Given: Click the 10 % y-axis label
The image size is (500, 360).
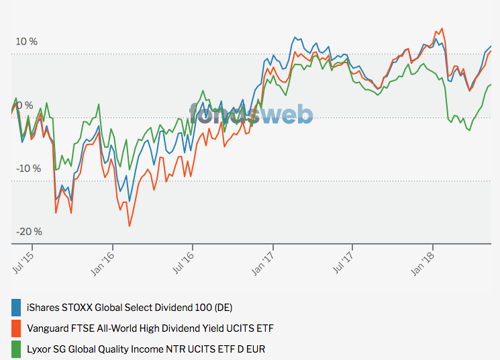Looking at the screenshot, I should pyautogui.click(x=27, y=42).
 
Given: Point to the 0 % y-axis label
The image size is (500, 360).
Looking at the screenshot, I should pyautogui.click(x=24, y=105).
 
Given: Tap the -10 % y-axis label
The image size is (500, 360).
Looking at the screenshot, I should pyautogui.click(x=28, y=168).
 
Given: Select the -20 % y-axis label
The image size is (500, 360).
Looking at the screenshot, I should pyautogui.click(x=28, y=232).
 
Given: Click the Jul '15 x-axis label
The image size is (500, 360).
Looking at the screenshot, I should pyautogui.click(x=24, y=261).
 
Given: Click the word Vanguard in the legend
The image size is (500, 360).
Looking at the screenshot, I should pyautogui.click(x=48, y=328).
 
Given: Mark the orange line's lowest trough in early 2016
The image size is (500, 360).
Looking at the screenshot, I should pyautogui.click(x=129, y=226).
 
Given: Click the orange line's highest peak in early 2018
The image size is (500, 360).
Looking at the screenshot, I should pyautogui.click(x=441, y=29).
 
